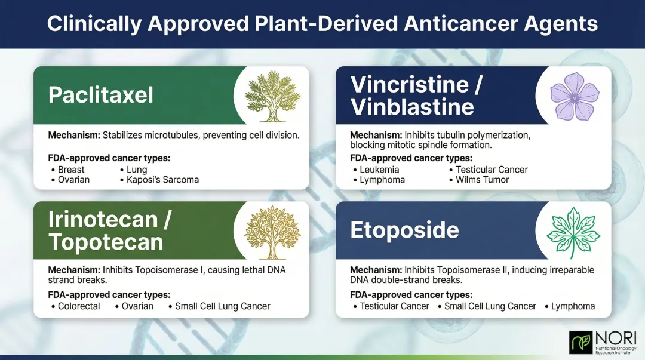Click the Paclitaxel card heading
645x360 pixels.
[101, 95]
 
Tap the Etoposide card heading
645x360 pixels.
[404, 230]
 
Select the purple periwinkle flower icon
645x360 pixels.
[574, 96]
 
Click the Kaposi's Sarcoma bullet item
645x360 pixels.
[162, 180]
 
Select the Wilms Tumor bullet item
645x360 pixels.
[482, 180]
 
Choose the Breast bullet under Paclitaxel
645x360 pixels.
[71, 170]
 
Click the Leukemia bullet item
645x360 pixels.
[379, 170]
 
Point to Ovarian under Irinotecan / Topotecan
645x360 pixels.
[137, 306]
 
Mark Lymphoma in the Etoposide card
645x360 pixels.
[573, 306]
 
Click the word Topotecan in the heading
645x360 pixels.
[106, 242]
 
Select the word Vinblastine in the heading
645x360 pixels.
[412, 107]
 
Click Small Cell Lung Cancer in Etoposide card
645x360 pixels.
[490, 306]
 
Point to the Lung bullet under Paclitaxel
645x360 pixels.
[137, 170]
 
